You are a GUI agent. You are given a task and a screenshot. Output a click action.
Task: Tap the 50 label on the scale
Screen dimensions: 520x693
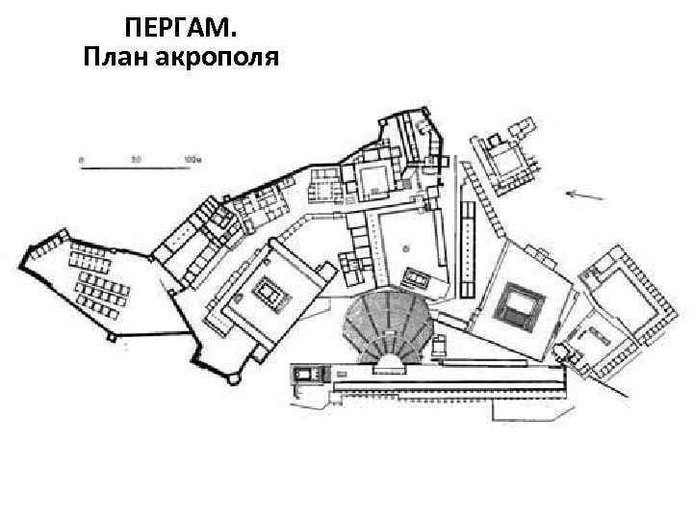[137, 158]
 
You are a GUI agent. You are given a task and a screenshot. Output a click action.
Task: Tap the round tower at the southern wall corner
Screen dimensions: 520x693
[233, 379]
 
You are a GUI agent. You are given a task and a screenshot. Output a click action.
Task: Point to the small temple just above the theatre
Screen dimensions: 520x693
[418, 279]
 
